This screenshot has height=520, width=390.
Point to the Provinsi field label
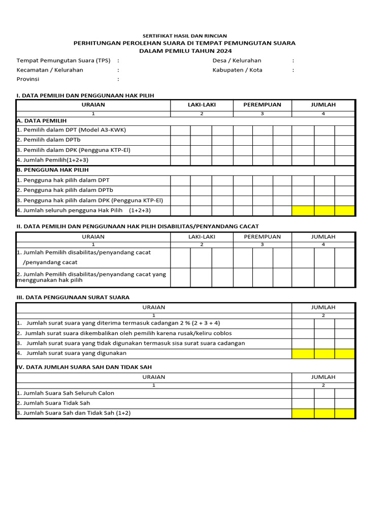[28, 79]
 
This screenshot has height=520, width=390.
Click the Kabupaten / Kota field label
[237, 70]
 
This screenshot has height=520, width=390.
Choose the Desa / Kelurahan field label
[237, 60]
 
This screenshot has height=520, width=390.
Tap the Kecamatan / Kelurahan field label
[50, 70]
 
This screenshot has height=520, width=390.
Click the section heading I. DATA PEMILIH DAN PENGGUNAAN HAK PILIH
[85, 95]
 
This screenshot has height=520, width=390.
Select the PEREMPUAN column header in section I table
[262, 105]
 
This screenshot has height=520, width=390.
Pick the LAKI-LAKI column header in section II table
[202, 237]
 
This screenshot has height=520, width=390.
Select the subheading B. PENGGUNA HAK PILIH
[53, 170]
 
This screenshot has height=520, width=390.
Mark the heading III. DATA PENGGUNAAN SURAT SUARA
[73, 297]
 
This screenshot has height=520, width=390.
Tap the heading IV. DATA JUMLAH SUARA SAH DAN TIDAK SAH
[84, 367]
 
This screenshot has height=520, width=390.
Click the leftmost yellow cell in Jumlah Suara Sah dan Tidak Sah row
[303, 413]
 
